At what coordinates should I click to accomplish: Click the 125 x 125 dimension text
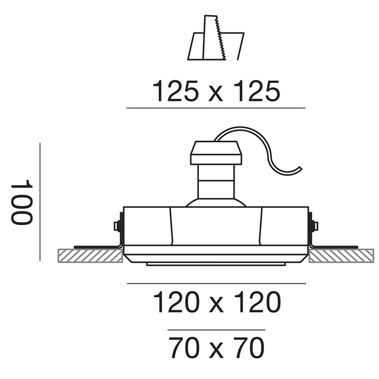point(216,91)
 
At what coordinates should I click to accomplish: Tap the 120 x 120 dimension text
point(217,302)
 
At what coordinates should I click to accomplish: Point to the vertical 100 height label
point(21,202)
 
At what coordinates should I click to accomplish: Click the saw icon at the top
point(216,38)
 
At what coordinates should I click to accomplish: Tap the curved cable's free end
point(300,168)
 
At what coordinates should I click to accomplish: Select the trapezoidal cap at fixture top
point(216,153)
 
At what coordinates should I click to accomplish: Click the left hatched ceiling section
point(90,256)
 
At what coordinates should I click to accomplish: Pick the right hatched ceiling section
point(341,256)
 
